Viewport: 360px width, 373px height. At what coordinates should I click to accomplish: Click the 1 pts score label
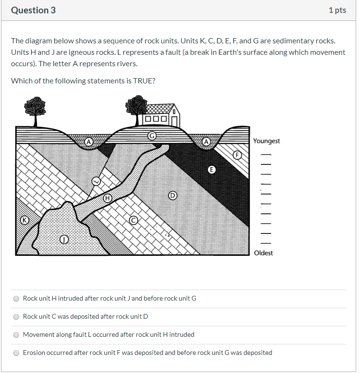pos(337,10)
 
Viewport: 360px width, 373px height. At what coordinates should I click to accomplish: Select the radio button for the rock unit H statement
pos(16,299)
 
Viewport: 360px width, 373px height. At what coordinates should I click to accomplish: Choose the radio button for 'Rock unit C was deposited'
pos(16,317)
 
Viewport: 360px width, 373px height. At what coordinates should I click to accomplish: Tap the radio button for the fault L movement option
pos(16,335)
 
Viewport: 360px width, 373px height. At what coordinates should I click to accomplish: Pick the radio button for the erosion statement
pos(16,353)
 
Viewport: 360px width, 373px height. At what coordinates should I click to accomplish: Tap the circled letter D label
pos(172,195)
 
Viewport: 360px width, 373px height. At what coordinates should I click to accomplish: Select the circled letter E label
pos(212,170)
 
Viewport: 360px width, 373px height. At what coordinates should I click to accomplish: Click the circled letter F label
pos(236,155)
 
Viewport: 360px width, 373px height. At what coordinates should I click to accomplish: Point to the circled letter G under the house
pos(152,135)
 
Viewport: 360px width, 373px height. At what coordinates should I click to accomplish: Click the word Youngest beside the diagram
pos(266,141)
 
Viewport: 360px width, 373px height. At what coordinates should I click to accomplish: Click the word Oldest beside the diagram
pos(263,253)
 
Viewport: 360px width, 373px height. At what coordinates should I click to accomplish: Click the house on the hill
pos(162,115)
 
